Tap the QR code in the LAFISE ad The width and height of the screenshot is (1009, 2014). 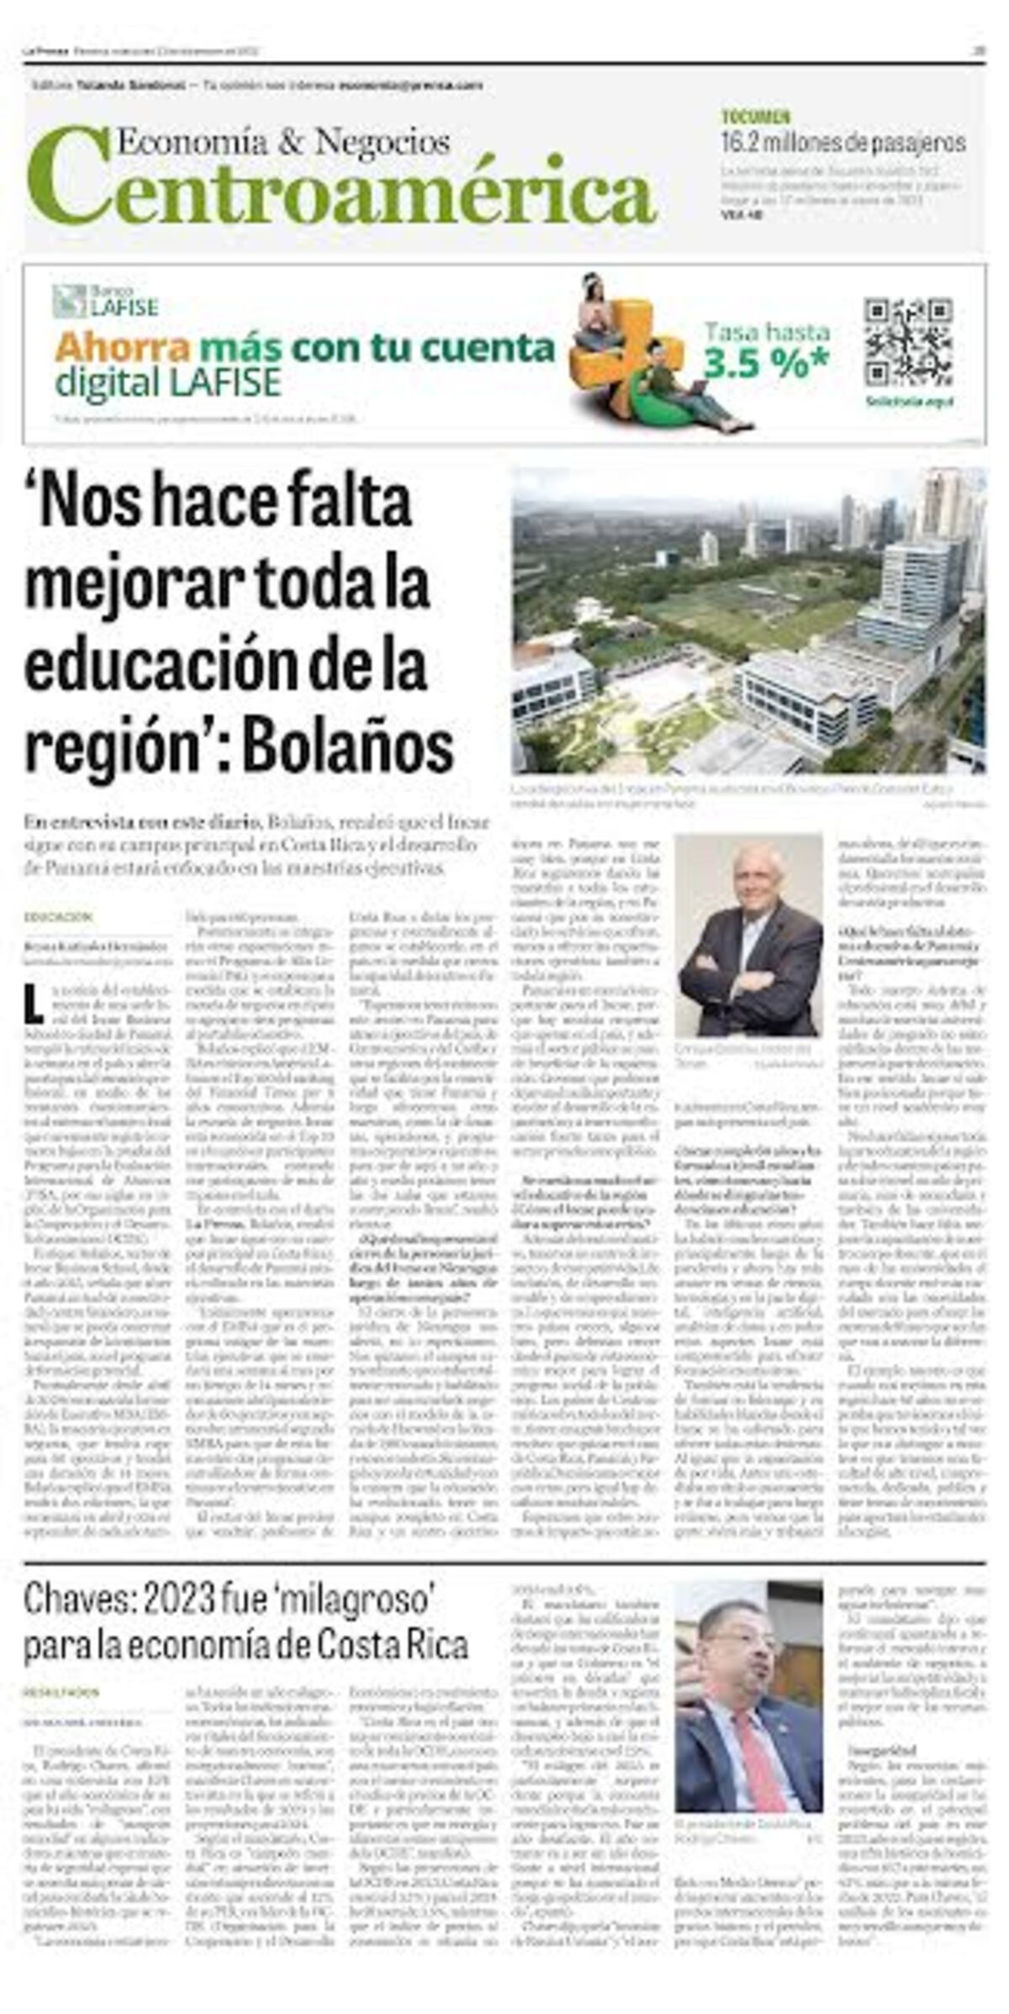point(907,340)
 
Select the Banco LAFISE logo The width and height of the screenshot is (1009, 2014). point(105,301)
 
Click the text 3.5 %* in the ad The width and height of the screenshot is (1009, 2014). point(765,363)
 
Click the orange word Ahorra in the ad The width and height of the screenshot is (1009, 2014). point(123,347)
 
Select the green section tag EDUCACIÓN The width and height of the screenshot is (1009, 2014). point(57,917)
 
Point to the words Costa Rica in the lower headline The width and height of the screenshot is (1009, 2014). point(403,1644)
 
